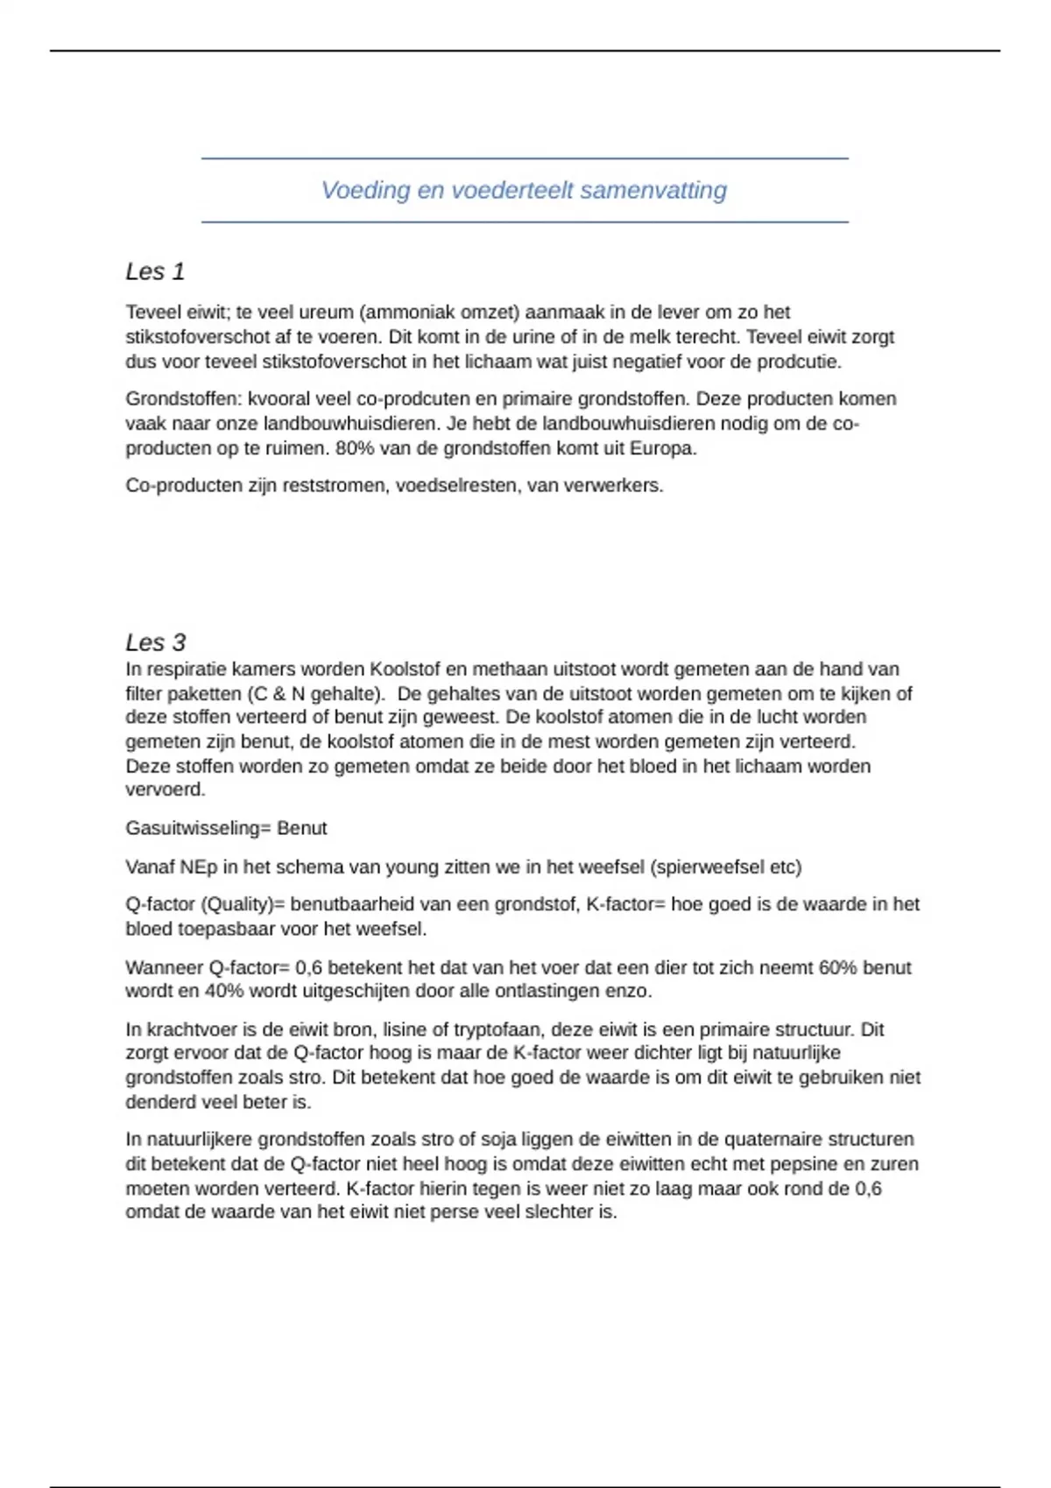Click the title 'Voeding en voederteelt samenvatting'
(524, 190)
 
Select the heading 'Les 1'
(155, 271)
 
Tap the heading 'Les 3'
(155, 642)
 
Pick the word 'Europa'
(663, 449)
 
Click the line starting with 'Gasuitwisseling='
(226, 828)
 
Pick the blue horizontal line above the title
(525, 158)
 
